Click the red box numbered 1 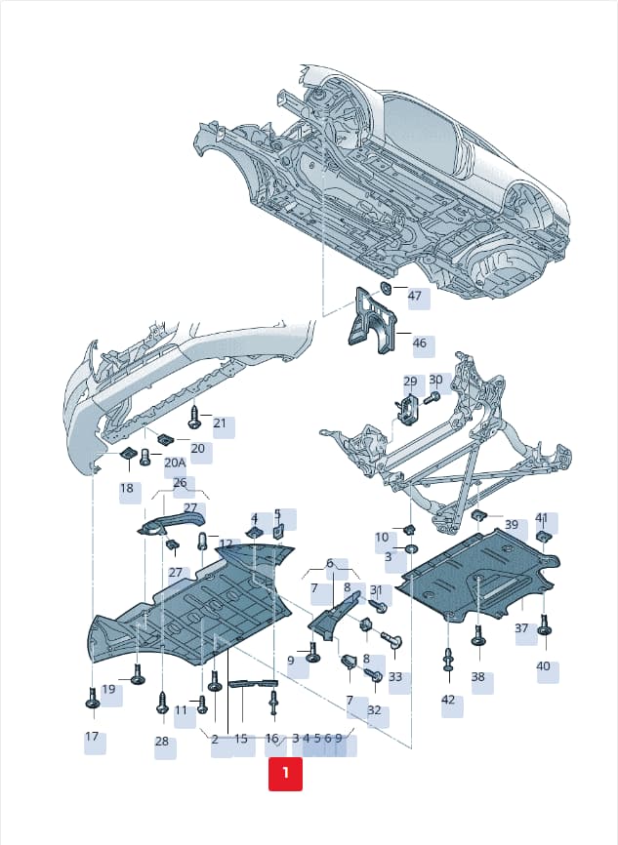pyautogui.click(x=285, y=774)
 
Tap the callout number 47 pyautogui.click(x=414, y=296)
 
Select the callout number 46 pyautogui.click(x=419, y=342)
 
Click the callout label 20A pyautogui.click(x=175, y=463)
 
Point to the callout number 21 pyautogui.click(x=220, y=423)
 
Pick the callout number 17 pyautogui.click(x=92, y=736)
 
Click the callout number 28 pyautogui.click(x=162, y=741)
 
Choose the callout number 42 pyautogui.click(x=448, y=700)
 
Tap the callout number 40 pyautogui.click(x=543, y=666)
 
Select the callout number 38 pyautogui.click(x=477, y=676)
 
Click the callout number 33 pyautogui.click(x=395, y=676)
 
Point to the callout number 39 pyautogui.click(x=512, y=524)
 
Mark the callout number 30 pyautogui.click(x=435, y=380)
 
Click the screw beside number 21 pyautogui.click(x=194, y=419)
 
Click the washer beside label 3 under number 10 pyautogui.click(x=410, y=549)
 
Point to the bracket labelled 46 pyautogui.click(x=374, y=322)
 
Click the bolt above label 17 pyautogui.click(x=92, y=698)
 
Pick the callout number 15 pyautogui.click(x=241, y=739)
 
